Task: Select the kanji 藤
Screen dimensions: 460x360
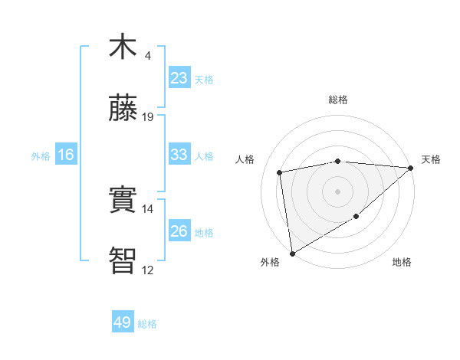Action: coord(123,109)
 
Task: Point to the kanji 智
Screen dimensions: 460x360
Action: coord(123,260)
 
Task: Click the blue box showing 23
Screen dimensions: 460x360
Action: coord(179,78)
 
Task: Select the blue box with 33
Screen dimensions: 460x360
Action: coord(179,155)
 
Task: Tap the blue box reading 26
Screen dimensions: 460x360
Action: coord(179,231)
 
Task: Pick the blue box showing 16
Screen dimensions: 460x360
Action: coord(66,155)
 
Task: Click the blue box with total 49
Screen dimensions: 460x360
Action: coord(123,322)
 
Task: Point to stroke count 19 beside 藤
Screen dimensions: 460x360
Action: coord(148,116)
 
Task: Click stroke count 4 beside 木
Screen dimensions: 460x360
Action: coord(148,55)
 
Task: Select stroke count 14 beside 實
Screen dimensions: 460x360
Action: coord(148,208)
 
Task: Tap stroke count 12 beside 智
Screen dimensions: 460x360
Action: coord(148,270)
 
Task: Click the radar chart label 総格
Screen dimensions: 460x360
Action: coord(337,100)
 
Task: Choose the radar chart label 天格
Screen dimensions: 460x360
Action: coord(431,159)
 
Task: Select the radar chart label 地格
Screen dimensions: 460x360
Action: coord(402,262)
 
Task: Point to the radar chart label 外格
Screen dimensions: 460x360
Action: coord(269,262)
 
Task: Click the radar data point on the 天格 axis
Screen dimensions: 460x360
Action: coord(411,168)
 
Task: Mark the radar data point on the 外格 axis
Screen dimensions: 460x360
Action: coord(292,253)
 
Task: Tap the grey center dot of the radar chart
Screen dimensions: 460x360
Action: coord(337,191)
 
